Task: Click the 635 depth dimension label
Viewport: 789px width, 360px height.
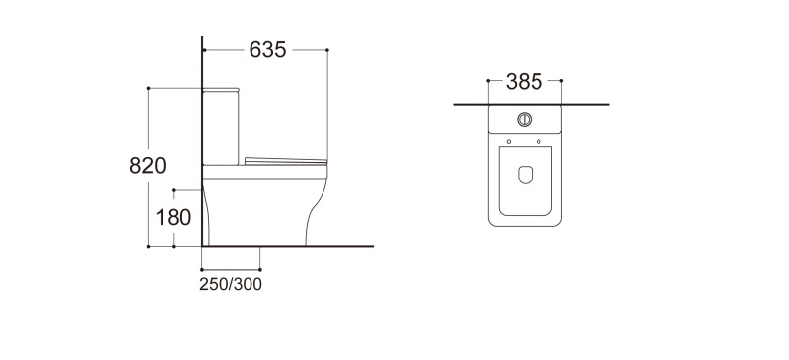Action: pos(267,50)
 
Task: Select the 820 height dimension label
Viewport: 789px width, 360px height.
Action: pos(147,165)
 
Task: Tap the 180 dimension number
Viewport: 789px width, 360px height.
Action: pos(174,218)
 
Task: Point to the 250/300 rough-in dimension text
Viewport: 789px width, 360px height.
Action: pos(231,284)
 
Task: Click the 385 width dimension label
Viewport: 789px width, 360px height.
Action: pos(525,82)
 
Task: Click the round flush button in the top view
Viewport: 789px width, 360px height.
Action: pos(525,119)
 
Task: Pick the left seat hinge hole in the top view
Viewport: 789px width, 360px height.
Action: pos(509,141)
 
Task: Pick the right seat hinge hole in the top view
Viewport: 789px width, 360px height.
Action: pos(538,141)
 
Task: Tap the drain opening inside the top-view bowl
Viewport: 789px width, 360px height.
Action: pos(525,175)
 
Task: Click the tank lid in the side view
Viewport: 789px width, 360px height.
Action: pos(221,90)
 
